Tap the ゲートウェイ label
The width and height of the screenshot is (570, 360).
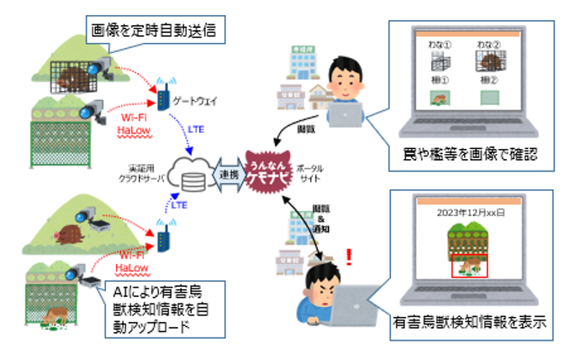pyautogui.click(x=194, y=99)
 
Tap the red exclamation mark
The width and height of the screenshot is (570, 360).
pyautogui.click(x=349, y=255)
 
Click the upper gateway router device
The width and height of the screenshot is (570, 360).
pyautogui.click(x=164, y=94)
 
